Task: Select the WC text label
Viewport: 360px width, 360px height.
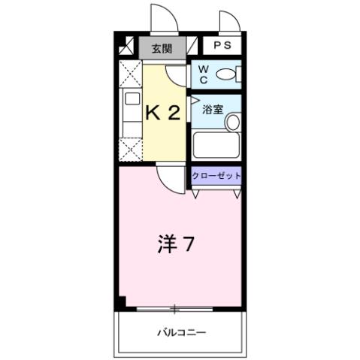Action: click(203, 74)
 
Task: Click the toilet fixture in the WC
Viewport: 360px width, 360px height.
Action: click(229, 74)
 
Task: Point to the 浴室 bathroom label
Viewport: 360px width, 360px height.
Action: click(213, 109)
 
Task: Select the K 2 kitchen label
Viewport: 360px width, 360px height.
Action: click(162, 113)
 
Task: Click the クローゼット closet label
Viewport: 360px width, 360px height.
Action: click(216, 175)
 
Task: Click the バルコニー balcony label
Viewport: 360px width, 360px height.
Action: click(181, 331)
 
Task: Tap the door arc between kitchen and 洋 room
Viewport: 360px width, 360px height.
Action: click(169, 178)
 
